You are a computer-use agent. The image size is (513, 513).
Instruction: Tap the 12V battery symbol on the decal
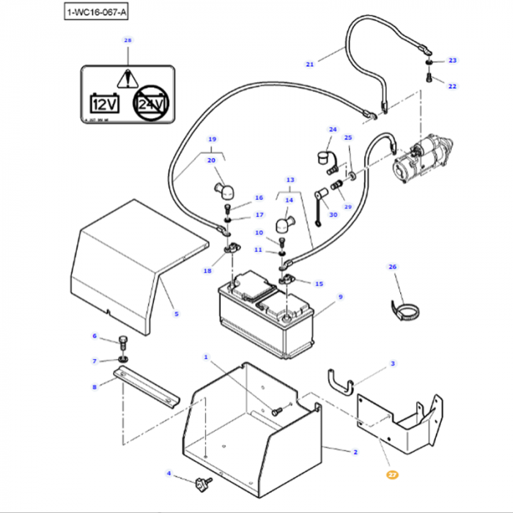(103, 103)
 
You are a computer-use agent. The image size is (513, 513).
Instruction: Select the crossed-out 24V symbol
(150, 106)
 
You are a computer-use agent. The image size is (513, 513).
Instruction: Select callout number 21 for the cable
(309, 64)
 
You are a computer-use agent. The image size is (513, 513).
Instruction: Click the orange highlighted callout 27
(392, 475)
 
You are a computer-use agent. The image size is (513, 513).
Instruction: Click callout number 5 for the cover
(176, 314)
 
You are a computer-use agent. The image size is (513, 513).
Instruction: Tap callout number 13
(289, 180)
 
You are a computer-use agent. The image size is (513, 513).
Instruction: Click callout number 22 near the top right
(452, 86)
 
